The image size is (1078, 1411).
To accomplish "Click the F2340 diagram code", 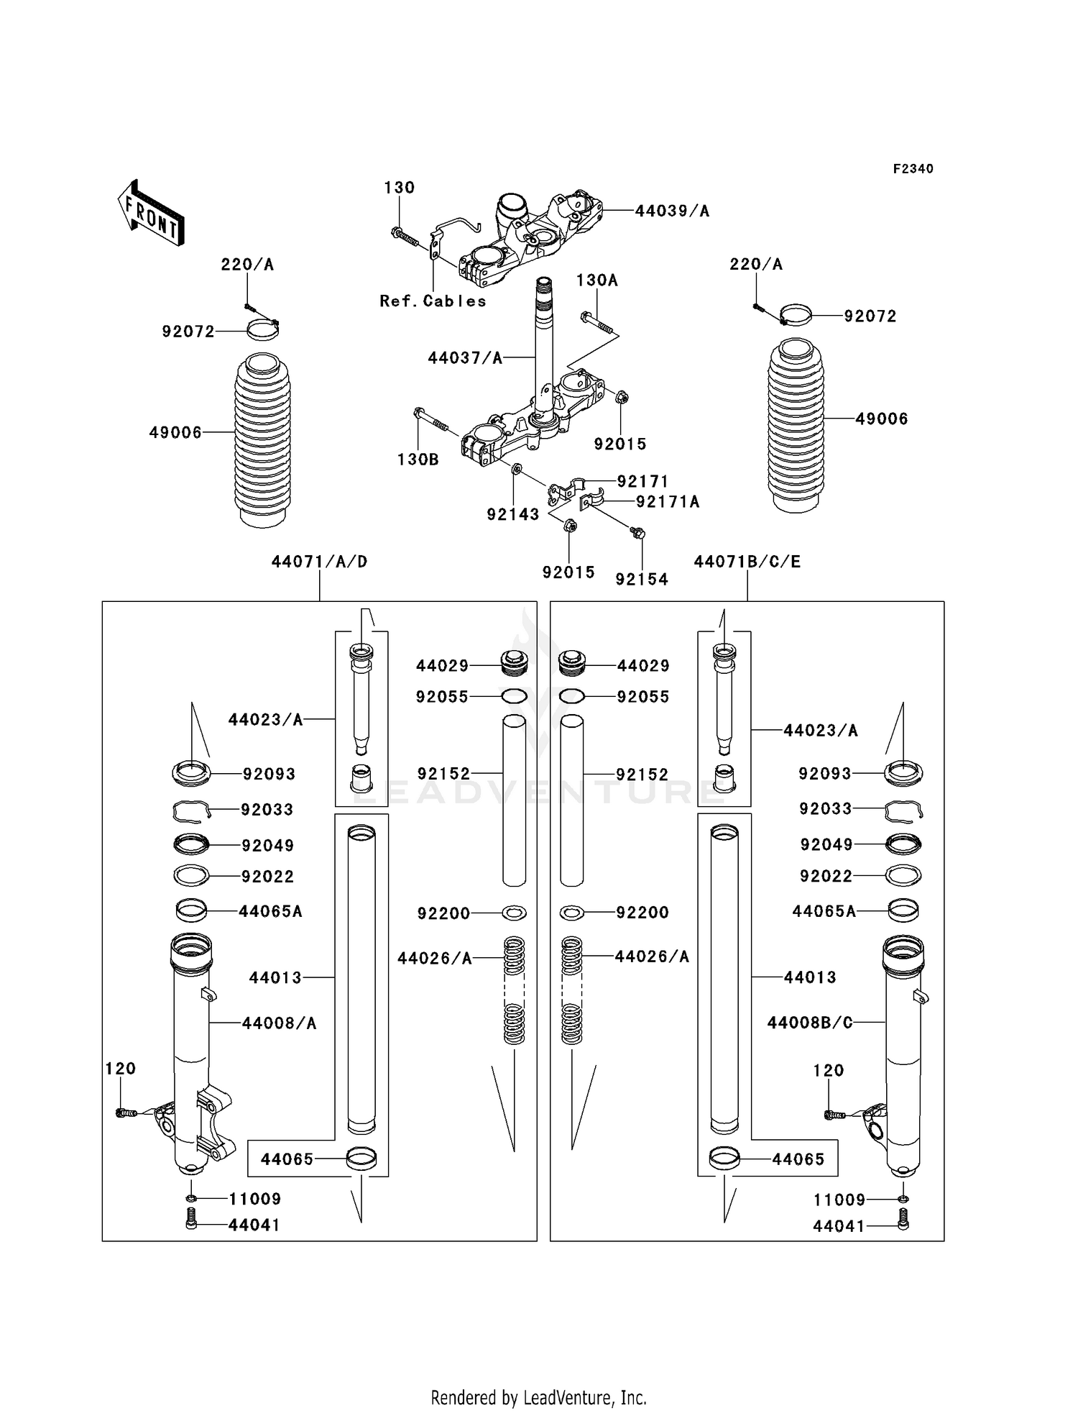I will point(913,169).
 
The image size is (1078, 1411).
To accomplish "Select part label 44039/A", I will point(672,211).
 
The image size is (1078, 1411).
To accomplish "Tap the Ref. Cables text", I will point(433,301).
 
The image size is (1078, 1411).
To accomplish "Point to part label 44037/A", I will point(465,357).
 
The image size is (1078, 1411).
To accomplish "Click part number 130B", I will point(418,459).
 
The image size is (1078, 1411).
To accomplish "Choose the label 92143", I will point(512,514).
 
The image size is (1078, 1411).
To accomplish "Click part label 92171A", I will point(668,501).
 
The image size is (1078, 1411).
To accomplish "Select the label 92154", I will point(642,579).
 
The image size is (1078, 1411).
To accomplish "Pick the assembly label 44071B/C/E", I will point(747,562).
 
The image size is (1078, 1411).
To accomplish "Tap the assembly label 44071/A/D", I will point(319,562).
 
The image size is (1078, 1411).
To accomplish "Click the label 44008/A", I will point(279,1023).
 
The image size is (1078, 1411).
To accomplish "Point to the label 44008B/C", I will point(810,1022).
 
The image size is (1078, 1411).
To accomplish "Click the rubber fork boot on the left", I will point(263,440).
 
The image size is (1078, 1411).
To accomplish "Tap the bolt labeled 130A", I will point(597,324).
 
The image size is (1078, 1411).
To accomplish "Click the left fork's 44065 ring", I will point(361,1159).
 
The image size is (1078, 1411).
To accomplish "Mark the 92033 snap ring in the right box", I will point(903,810).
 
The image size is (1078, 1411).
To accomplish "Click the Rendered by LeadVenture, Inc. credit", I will point(538,1397).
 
